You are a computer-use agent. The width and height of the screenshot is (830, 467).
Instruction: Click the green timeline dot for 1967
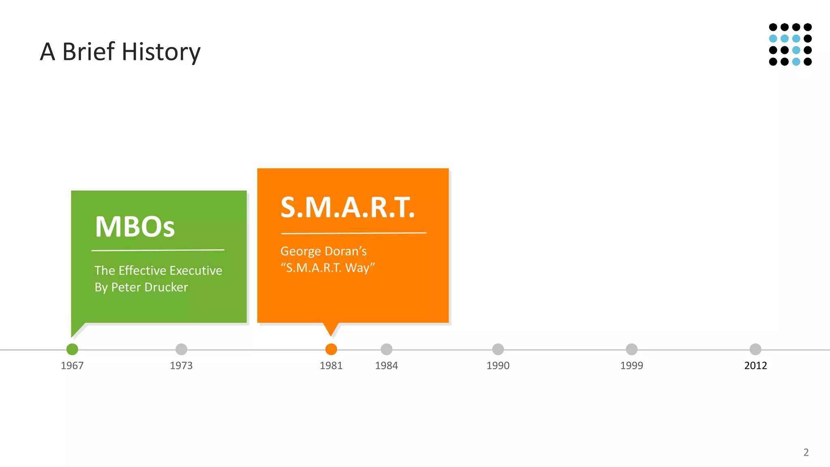(x=72, y=349)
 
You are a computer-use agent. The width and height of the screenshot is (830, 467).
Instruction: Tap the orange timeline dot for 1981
(x=331, y=349)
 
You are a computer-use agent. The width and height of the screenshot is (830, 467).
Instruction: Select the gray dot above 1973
(x=181, y=349)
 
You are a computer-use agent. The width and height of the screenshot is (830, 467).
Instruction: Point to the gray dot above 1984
(x=387, y=349)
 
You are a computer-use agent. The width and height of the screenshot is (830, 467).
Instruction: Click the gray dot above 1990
(x=498, y=349)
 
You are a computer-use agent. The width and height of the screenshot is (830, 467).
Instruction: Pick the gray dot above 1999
(x=631, y=349)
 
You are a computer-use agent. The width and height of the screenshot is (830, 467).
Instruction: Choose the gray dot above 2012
(x=755, y=349)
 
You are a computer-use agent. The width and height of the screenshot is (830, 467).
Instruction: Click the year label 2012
(x=755, y=366)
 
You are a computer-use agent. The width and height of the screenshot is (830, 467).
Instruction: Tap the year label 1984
(x=386, y=366)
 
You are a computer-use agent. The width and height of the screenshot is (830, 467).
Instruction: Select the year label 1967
(x=72, y=366)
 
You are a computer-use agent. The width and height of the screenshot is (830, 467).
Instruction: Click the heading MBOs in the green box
(x=135, y=227)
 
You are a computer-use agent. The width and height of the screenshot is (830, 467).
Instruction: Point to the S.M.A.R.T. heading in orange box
(x=348, y=208)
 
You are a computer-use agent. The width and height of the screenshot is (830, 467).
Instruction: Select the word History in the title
(x=161, y=52)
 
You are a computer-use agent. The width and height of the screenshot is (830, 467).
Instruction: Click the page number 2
(x=806, y=452)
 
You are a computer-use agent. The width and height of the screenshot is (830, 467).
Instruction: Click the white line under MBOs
(x=158, y=250)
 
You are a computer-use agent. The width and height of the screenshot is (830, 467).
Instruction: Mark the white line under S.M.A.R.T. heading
(x=353, y=233)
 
